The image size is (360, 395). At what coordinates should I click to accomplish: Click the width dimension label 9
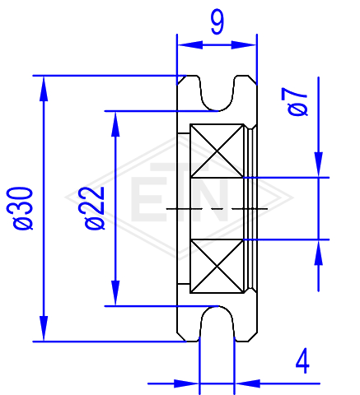tap(217, 23)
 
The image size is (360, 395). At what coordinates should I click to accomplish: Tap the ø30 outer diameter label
tap(20, 208)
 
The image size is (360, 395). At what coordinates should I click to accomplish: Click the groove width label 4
tap(302, 361)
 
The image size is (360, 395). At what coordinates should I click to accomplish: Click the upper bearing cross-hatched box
tap(217, 151)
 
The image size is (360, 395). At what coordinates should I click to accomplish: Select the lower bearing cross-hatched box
tap(217, 266)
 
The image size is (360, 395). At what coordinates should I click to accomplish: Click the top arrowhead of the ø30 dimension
tap(44, 88)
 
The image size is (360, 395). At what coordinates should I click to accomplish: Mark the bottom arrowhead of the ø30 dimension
tap(44, 328)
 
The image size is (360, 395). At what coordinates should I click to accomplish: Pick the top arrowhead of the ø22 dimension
tap(115, 124)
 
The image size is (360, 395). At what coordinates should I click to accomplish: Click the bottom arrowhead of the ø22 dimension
tap(115, 293)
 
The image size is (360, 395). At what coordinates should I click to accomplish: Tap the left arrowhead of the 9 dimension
tap(190, 44)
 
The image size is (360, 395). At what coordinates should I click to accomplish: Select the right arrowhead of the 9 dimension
tap(244, 44)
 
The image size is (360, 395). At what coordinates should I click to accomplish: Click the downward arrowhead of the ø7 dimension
tap(319, 165)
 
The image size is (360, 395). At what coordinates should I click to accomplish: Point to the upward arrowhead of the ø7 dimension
tap(319, 253)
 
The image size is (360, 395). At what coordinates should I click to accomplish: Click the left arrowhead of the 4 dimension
tap(187, 383)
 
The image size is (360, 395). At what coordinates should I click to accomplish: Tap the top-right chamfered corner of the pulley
tap(253, 80)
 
